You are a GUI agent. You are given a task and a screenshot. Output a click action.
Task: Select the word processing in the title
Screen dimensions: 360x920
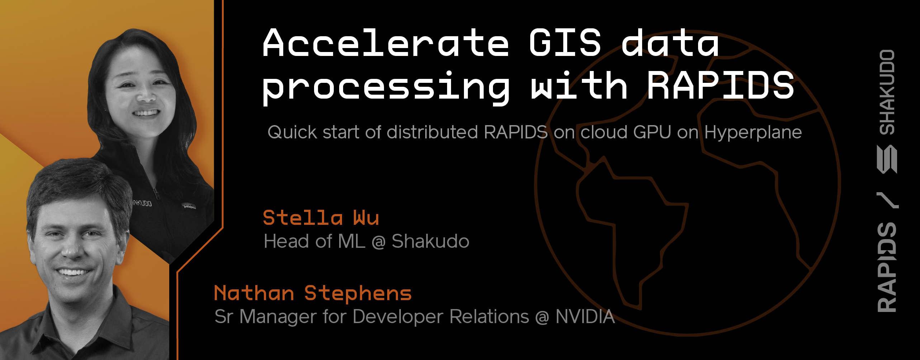[385, 87]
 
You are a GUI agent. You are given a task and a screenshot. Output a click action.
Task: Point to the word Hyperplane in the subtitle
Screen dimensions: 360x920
[753, 133]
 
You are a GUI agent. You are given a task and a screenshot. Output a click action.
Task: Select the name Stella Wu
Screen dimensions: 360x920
[321, 218]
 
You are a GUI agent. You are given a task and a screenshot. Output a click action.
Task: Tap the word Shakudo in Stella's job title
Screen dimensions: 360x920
[430, 241]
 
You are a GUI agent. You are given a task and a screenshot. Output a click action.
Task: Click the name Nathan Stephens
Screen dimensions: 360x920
[313, 293]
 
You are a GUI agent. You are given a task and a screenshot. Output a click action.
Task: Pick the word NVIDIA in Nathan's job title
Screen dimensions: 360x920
[585, 317]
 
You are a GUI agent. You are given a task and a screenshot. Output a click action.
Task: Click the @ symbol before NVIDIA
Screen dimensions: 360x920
[542, 317]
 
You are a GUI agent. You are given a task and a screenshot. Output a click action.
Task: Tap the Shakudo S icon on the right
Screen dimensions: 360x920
[887, 159]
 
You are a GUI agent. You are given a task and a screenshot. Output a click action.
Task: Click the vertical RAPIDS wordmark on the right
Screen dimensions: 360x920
[887, 267]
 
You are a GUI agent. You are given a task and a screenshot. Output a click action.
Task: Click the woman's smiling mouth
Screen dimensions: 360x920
[146, 113]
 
